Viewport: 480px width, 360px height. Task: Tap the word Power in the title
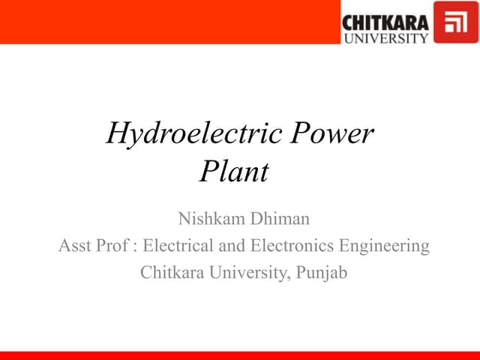331,134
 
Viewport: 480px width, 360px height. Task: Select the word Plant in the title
233,173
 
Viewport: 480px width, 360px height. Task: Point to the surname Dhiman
277,219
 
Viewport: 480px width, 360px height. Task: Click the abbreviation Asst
75,246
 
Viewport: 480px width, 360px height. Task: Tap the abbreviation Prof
112,246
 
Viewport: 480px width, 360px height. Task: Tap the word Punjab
322,273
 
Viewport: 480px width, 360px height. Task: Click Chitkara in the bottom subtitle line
172,273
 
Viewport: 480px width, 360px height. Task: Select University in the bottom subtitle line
247,273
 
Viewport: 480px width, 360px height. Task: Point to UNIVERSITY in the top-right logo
385,37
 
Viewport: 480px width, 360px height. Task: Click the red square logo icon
456,22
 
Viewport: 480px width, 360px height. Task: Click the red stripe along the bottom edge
240,355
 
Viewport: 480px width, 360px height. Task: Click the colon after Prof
134,247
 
